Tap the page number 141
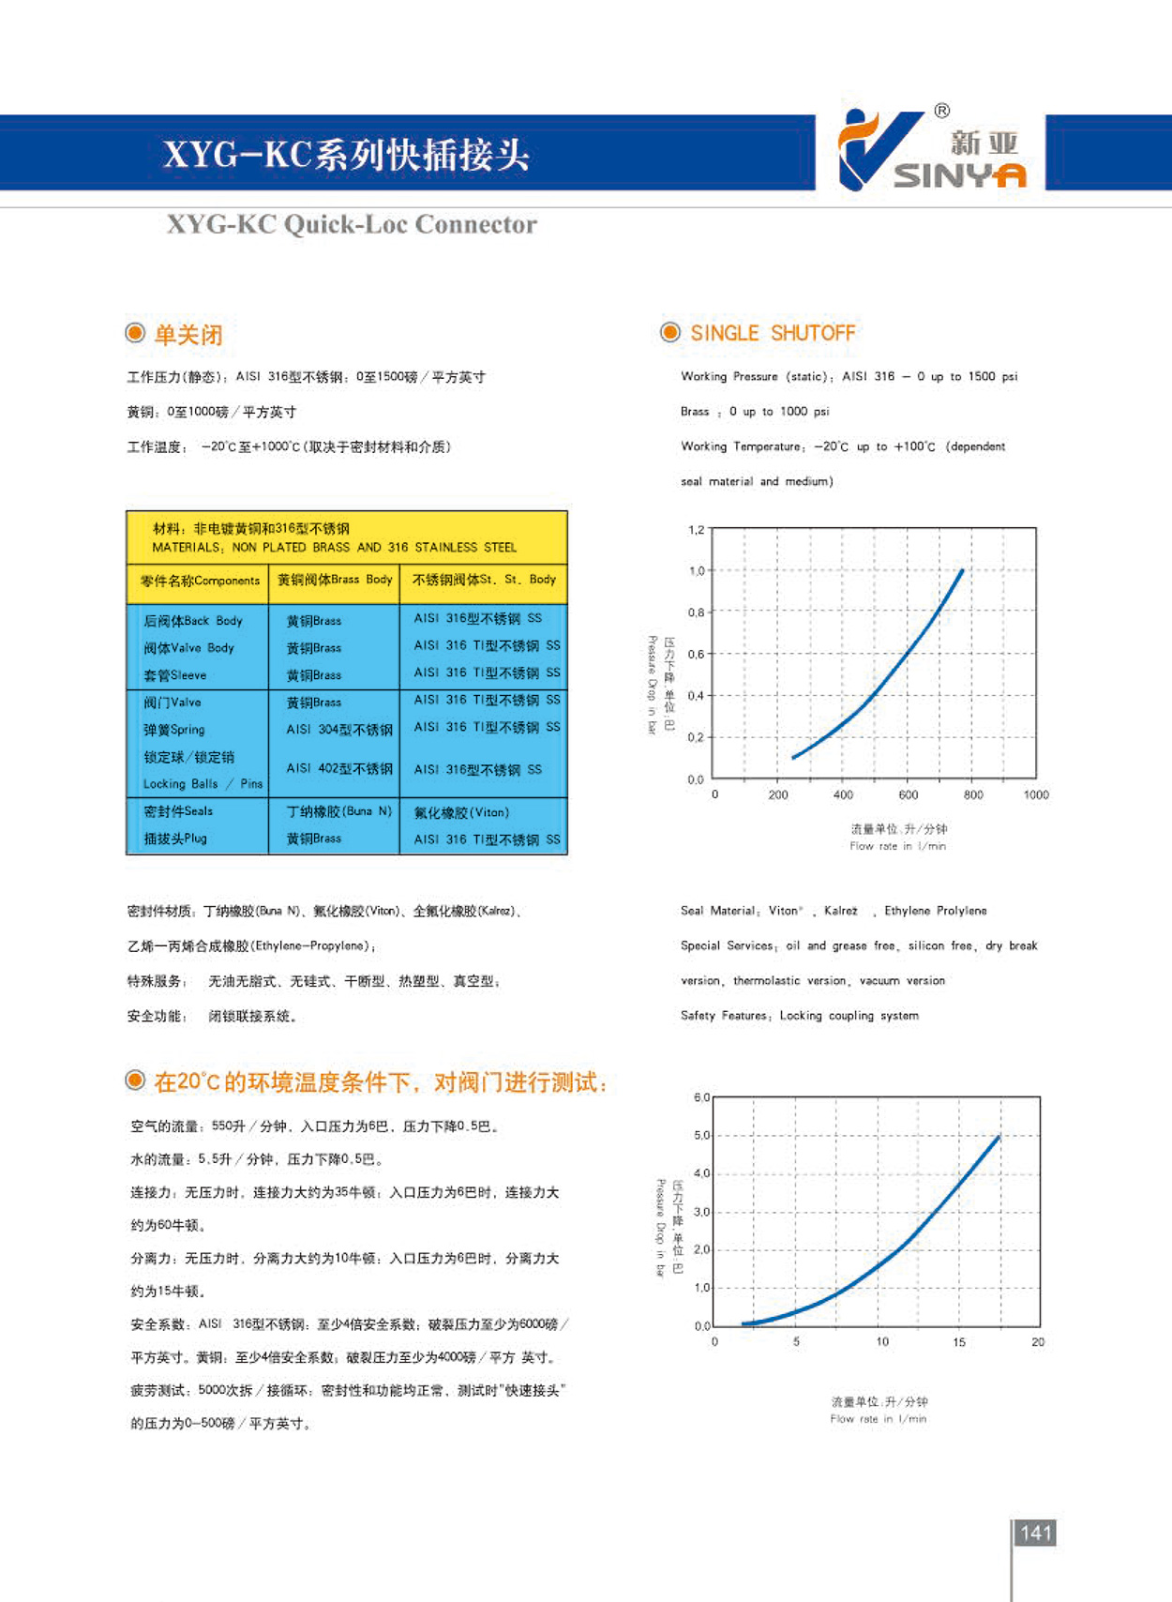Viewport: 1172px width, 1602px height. tap(1035, 1533)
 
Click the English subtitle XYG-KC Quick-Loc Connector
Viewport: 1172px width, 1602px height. tap(352, 225)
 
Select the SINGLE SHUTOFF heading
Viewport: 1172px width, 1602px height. tap(773, 333)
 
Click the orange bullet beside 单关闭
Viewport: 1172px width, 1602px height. tap(136, 333)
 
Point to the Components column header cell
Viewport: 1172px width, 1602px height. tap(199, 581)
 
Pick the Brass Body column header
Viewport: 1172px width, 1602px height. tap(335, 580)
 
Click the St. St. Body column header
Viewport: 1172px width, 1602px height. tap(484, 580)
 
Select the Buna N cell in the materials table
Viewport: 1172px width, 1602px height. tap(338, 811)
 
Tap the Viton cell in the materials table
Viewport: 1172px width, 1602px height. tap(461, 812)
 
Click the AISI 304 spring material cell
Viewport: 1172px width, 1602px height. tap(338, 730)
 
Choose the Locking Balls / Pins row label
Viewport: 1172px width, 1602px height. tap(203, 784)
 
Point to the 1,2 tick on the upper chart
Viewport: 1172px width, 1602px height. tap(696, 530)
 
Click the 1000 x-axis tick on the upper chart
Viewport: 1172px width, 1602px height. tap(1035, 795)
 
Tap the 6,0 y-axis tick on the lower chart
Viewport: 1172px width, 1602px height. tap(701, 1097)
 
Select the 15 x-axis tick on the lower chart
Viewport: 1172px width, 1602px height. tap(959, 1342)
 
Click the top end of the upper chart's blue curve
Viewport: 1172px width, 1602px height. tap(961, 570)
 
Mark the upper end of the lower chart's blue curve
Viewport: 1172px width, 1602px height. tap(999, 1137)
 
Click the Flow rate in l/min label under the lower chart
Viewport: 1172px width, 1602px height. tap(878, 1419)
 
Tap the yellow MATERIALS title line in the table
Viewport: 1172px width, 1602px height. tap(334, 547)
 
